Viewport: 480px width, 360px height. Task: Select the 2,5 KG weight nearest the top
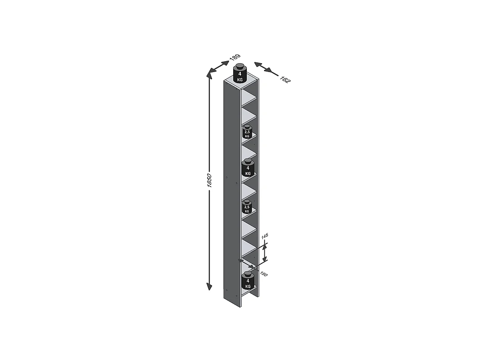click(247, 132)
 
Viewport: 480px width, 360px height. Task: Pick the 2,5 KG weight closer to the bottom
click(247, 208)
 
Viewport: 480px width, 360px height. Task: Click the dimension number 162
click(286, 79)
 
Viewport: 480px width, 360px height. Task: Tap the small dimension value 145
click(264, 237)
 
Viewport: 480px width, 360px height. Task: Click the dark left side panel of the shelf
click(231, 192)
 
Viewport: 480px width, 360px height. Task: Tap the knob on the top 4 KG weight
click(240, 66)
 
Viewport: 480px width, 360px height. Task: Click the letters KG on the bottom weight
click(248, 286)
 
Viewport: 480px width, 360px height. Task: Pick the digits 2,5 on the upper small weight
click(247, 132)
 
